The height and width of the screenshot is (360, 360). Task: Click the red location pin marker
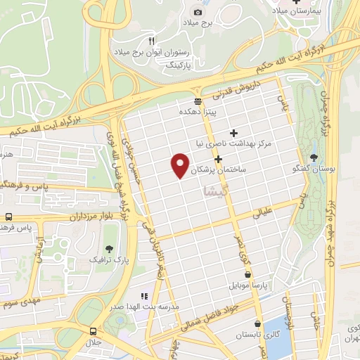181,165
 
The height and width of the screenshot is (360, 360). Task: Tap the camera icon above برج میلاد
198,12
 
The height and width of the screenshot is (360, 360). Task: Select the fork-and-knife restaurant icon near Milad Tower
150,41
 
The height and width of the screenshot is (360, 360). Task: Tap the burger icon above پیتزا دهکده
197,101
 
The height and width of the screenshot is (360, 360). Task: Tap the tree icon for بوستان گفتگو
314,157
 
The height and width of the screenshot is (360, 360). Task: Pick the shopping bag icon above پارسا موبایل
247,275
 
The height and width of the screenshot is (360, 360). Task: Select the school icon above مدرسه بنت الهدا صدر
145,297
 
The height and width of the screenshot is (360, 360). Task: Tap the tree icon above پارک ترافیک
108,248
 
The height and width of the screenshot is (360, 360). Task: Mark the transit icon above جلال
93,330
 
